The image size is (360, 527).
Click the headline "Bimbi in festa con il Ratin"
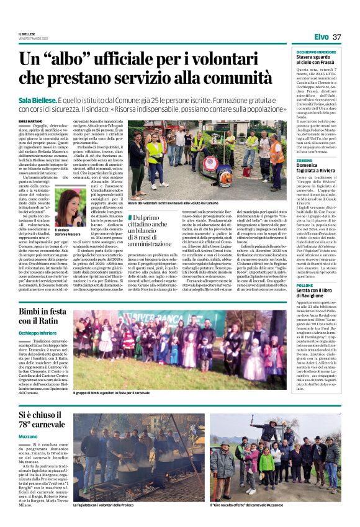pyautogui.click(x=47, y=316)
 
